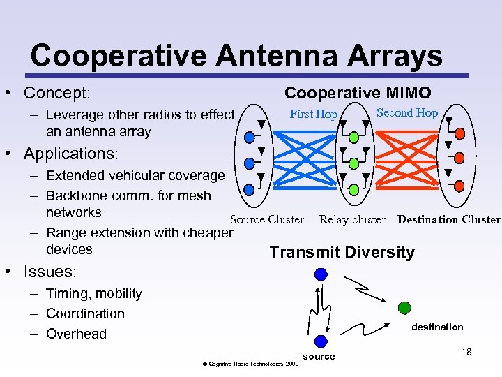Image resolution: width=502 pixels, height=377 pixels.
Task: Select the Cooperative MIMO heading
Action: [357, 93]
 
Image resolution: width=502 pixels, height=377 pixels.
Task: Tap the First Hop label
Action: [314, 114]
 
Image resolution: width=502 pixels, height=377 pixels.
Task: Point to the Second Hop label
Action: [407, 113]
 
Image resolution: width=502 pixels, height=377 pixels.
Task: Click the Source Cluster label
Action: [267, 219]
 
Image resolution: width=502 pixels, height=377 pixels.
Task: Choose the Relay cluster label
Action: [352, 219]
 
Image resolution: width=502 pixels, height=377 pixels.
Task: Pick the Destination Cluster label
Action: [448, 219]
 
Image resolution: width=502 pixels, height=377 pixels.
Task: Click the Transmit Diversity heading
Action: [342, 252]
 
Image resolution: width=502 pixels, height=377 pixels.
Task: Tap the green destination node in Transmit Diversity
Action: [404, 307]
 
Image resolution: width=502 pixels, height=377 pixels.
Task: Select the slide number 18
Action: [466, 352]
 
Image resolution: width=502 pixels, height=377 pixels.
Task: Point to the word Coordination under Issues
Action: [85, 313]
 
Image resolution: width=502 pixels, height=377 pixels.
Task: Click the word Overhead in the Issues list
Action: [76, 334]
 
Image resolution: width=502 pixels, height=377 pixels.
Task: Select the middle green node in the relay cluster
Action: [353, 163]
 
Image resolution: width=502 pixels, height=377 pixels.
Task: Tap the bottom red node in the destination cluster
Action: [459, 187]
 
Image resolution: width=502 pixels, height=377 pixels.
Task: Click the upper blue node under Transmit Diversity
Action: [320, 274]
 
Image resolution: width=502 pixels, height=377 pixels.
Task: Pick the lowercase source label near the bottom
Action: [319, 357]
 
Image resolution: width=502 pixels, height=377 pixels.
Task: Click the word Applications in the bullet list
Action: [70, 153]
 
